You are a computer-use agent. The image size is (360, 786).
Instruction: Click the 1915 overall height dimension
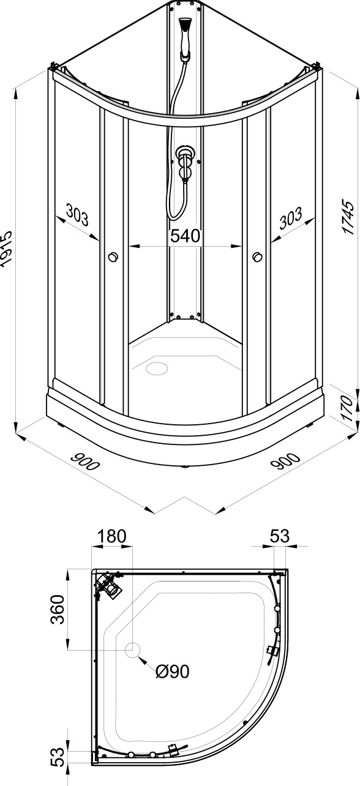coord(6,249)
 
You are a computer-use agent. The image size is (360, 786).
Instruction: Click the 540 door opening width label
coord(185,236)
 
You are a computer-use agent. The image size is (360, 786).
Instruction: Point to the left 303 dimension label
coord(77,216)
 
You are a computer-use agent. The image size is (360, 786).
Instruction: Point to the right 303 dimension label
coord(291,218)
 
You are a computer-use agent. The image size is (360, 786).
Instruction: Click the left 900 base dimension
coord(85,461)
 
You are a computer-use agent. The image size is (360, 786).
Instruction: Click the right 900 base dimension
coord(287,460)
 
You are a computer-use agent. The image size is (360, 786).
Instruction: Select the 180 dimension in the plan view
coord(111,536)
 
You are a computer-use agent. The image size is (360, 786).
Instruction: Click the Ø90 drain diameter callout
coord(172,672)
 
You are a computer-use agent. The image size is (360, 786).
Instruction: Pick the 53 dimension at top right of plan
coord(280,536)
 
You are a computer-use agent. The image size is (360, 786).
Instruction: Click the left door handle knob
coord(113,257)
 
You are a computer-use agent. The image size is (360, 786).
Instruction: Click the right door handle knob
coord(257,257)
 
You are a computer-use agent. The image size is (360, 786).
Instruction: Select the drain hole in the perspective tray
coord(157,368)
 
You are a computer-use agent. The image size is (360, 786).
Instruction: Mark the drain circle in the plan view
coord(133,649)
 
